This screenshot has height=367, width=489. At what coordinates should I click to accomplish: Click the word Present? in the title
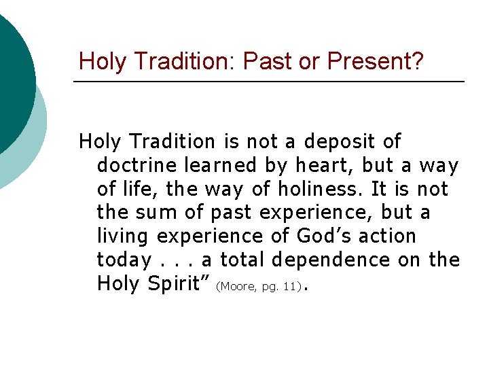pyautogui.click(x=375, y=62)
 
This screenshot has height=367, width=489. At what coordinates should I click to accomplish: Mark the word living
pyautogui.click(x=124, y=237)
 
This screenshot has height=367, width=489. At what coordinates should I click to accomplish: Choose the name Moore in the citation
pyautogui.click(x=236, y=287)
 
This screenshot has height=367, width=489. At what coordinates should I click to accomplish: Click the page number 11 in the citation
pyautogui.click(x=291, y=287)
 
